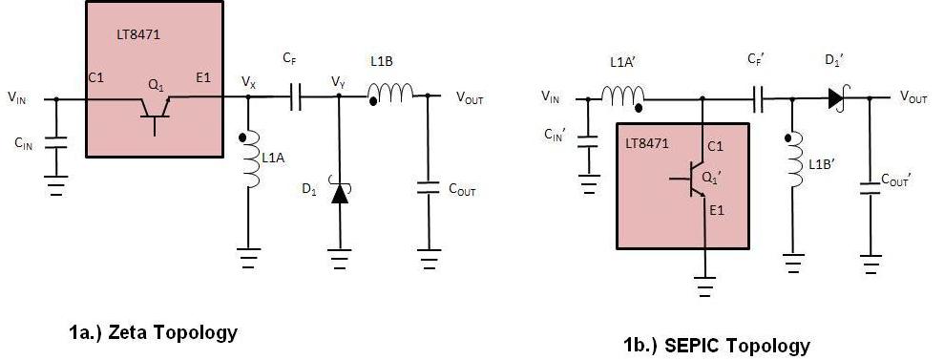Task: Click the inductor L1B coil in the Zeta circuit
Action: click(x=391, y=94)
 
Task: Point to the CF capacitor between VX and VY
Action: click(x=294, y=96)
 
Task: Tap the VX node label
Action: click(x=248, y=83)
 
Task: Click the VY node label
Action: click(x=338, y=82)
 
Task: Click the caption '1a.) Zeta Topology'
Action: click(x=152, y=333)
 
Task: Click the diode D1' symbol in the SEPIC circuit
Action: click(x=836, y=96)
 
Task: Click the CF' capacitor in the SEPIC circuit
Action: click(x=761, y=96)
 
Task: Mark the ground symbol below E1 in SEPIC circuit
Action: click(x=703, y=284)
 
